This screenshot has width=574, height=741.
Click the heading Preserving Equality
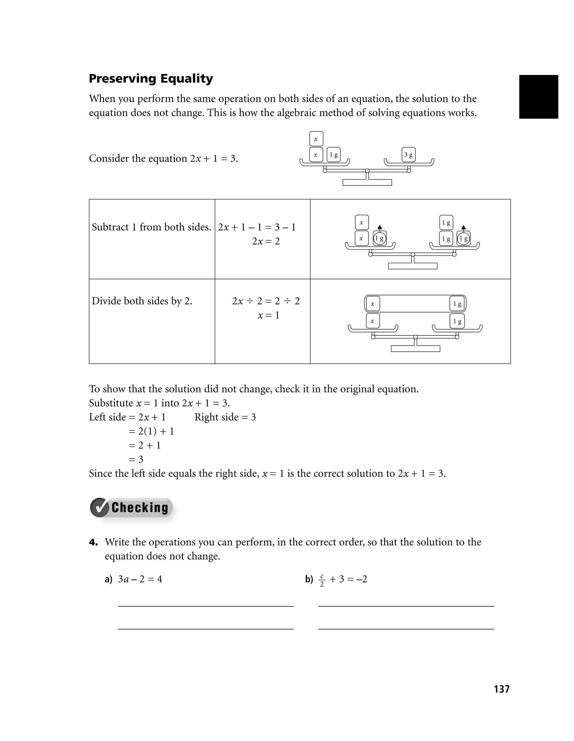tap(151, 79)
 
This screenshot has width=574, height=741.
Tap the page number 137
tap(501, 689)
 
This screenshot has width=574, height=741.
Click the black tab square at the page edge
tap(538, 97)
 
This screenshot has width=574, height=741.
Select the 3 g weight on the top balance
tap(408, 155)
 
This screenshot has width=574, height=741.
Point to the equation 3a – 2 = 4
tap(140, 579)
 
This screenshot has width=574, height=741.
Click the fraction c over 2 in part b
tap(322, 580)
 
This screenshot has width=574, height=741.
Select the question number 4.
tap(93, 542)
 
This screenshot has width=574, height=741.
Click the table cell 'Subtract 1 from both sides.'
tap(152, 227)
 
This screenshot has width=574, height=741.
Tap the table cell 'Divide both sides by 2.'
tap(142, 301)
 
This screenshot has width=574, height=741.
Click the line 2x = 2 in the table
tap(266, 241)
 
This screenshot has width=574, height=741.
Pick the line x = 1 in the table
tap(269, 315)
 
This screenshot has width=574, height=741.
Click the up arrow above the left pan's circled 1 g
tap(380, 227)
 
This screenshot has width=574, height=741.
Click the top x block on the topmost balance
tap(316, 139)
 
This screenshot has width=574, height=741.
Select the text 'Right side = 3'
tap(225, 417)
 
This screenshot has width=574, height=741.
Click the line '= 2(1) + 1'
tap(151, 431)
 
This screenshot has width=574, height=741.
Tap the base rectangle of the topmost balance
tap(367, 183)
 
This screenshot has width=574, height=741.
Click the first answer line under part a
tap(205, 606)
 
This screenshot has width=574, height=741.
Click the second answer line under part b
tap(406, 629)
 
